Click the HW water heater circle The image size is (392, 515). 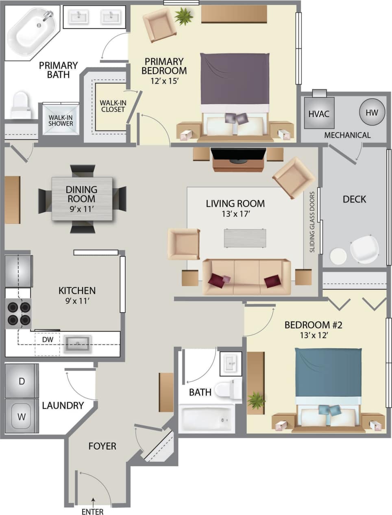[372, 113]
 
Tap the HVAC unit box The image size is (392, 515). [319, 113]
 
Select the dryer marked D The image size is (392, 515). [22, 381]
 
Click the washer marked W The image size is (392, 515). [22, 416]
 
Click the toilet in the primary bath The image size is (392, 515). [20, 105]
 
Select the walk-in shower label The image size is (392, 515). [61, 120]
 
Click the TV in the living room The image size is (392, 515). [238, 155]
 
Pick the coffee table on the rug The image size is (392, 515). [245, 238]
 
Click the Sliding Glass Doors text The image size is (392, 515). [312, 222]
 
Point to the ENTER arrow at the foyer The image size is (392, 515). [93, 501]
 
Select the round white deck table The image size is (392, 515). [338, 256]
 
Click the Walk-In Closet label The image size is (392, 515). [113, 106]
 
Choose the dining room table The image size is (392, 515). [82, 199]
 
